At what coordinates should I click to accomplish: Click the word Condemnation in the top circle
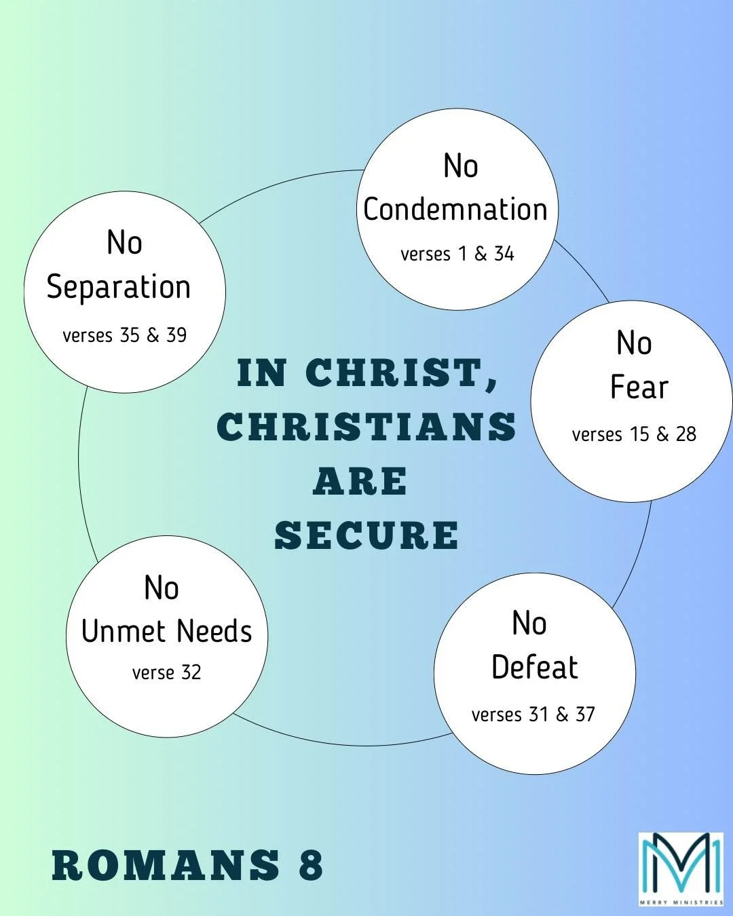(x=455, y=210)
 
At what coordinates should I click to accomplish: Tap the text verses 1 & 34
(x=457, y=254)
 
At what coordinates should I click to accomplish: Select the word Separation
(x=119, y=287)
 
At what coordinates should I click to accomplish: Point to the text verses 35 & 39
(x=124, y=335)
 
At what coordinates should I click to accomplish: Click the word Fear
(x=639, y=387)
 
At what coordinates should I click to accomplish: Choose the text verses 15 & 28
(x=634, y=434)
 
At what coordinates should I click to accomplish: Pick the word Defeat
(x=535, y=668)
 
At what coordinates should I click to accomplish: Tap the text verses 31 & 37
(x=533, y=714)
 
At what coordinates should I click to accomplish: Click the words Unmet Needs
(x=167, y=632)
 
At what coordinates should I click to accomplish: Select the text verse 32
(x=167, y=672)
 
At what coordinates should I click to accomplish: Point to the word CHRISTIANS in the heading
(x=366, y=427)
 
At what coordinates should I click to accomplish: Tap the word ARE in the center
(x=360, y=482)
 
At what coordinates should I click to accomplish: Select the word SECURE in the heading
(x=366, y=535)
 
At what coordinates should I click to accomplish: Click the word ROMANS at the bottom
(x=166, y=865)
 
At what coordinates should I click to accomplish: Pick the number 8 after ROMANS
(x=311, y=865)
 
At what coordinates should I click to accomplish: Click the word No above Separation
(x=124, y=243)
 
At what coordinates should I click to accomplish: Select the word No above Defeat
(x=529, y=624)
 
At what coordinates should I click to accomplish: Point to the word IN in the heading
(x=261, y=373)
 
